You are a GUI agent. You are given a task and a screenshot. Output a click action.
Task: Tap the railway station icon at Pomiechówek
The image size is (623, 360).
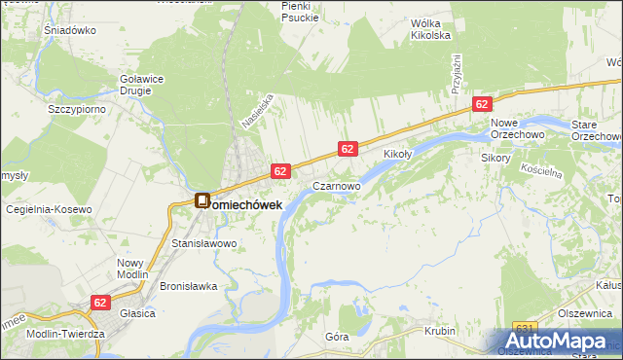[x=202, y=201]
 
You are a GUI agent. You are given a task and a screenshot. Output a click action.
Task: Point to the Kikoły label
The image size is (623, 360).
[x=398, y=154]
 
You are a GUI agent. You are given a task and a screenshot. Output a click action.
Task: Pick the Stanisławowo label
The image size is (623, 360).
[x=204, y=242]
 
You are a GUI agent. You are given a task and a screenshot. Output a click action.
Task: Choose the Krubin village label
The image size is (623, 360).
[x=440, y=331]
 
